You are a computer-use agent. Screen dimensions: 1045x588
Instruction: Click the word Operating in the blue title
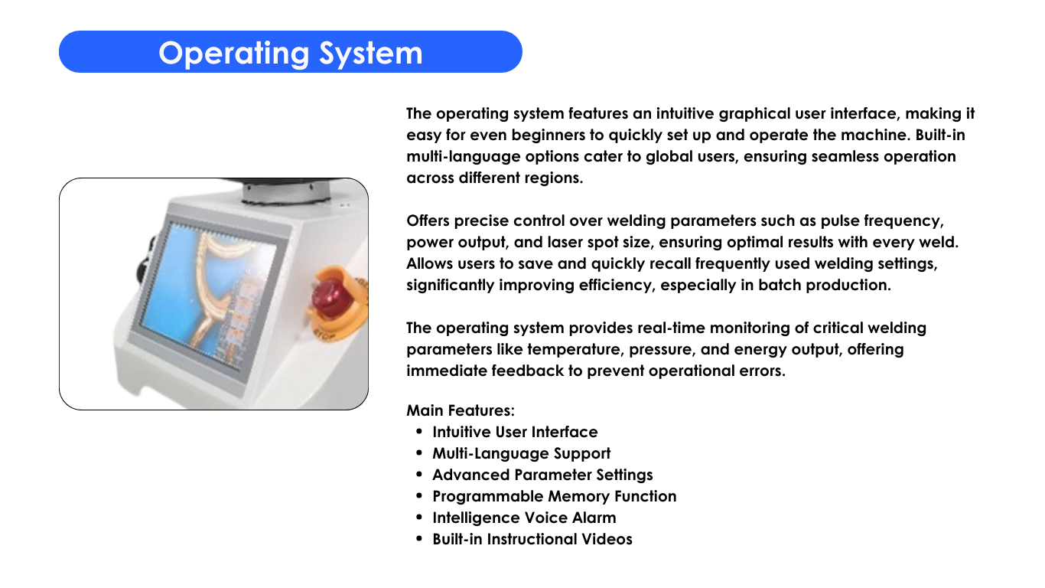[234, 54]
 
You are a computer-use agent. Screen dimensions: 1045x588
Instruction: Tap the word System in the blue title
[371, 54]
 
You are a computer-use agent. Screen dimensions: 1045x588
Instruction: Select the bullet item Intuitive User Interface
[515, 432]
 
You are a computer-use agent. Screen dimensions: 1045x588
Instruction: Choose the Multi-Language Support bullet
[521, 453]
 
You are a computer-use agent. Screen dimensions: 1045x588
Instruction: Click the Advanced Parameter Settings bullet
[542, 475]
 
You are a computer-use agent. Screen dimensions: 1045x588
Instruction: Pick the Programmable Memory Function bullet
[554, 496]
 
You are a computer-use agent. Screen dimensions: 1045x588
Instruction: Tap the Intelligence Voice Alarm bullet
[524, 518]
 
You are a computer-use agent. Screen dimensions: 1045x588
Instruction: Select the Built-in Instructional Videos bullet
[532, 540]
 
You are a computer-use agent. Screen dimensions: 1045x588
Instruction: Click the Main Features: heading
[461, 410]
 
